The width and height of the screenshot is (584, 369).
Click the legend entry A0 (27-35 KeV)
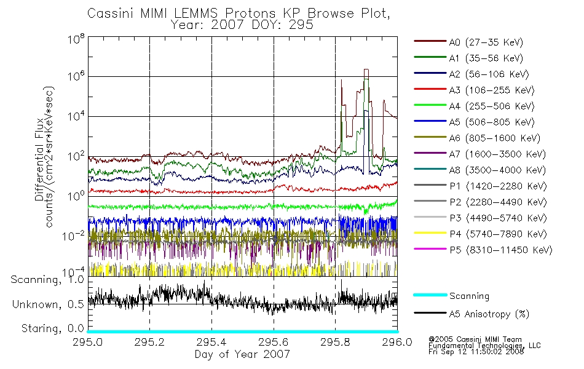pyautogui.click(x=486, y=42)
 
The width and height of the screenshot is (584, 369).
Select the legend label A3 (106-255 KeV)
pyautogui.click(x=492, y=90)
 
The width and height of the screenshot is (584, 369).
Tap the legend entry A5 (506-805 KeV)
pyautogui.click(x=492, y=122)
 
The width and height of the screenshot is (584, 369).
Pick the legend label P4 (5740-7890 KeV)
pyautogui.click(x=498, y=234)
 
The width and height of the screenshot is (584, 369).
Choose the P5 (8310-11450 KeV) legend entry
pyautogui.click(x=500, y=250)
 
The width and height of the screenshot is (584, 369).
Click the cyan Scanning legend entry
pyautogui.click(x=469, y=296)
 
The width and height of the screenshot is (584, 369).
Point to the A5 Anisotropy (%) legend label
pyautogui.click(x=489, y=314)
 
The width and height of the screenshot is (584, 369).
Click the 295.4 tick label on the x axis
pyautogui.click(x=211, y=342)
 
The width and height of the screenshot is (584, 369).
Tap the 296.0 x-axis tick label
pyautogui.click(x=397, y=342)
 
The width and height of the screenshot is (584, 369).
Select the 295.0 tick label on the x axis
pyautogui.click(x=87, y=342)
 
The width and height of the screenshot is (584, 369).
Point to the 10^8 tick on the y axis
pyautogui.click(x=76, y=39)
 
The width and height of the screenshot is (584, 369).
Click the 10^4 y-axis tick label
pyautogui.click(x=76, y=116)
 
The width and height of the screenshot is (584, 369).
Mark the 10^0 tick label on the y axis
pyautogui.click(x=76, y=196)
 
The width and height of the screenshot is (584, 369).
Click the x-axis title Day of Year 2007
pyautogui.click(x=242, y=354)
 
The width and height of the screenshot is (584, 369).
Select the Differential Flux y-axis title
pyautogui.click(x=39, y=159)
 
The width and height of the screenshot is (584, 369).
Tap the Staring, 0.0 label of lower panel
pyautogui.click(x=52, y=329)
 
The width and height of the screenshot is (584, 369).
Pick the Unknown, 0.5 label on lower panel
pyautogui.click(x=48, y=304)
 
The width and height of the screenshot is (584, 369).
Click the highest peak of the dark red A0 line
pyautogui.click(x=366, y=69)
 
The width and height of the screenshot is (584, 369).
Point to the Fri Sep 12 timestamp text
pyautogui.click(x=476, y=352)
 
